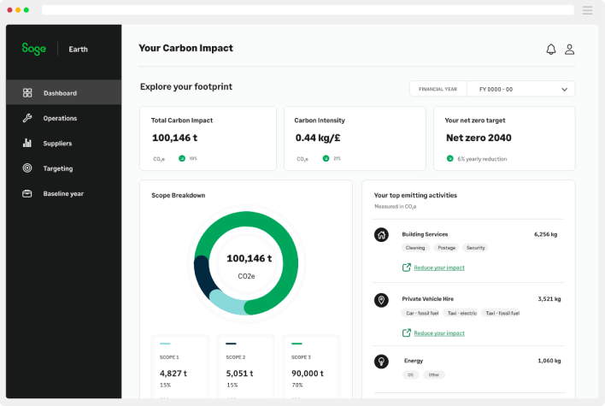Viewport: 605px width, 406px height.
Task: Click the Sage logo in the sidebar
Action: [x=34, y=49]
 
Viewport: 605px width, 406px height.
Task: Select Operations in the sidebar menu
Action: [x=60, y=118]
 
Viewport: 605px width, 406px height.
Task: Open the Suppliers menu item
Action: [x=57, y=143]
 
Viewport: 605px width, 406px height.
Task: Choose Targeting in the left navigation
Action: [x=58, y=168]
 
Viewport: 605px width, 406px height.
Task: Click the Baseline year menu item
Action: [x=63, y=193]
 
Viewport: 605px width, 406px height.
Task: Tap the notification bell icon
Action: [x=551, y=49]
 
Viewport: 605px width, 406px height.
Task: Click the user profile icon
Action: [x=569, y=49]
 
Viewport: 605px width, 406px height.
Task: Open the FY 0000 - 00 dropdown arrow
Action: [x=564, y=89]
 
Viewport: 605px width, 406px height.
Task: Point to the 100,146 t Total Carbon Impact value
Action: [x=174, y=138]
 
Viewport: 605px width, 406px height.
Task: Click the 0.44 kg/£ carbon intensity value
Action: [x=318, y=138]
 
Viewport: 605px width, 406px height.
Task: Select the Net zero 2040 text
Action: [x=479, y=138]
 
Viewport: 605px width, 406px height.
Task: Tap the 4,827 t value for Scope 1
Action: [x=173, y=374]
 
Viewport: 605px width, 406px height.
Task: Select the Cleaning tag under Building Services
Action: [x=415, y=248]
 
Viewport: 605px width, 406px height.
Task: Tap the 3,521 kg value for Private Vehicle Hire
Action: [x=549, y=299]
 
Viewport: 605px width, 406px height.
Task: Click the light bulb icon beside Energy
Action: [x=382, y=361]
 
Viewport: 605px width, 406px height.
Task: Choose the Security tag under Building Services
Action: [x=476, y=248]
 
